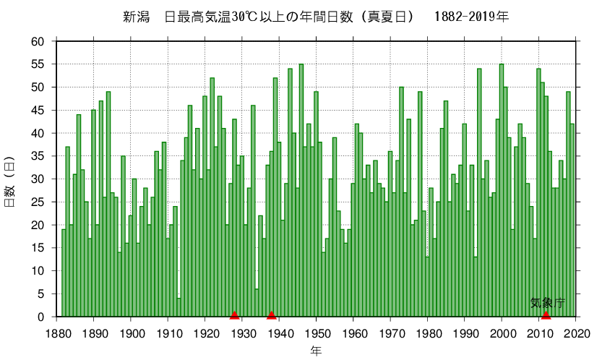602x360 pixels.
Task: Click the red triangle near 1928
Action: [x=234, y=314]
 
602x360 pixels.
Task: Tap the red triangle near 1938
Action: [x=272, y=314]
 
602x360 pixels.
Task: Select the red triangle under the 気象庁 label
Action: [x=546, y=314]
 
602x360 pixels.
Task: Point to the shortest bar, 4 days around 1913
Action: [x=179, y=307]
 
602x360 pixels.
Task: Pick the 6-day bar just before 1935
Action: [x=257, y=303]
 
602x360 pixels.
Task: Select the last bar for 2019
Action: [x=572, y=220]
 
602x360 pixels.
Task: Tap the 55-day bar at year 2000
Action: [x=502, y=191]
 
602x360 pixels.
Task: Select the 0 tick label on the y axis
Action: [x=43, y=317]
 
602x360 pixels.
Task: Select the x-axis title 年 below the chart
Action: [x=317, y=351]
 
